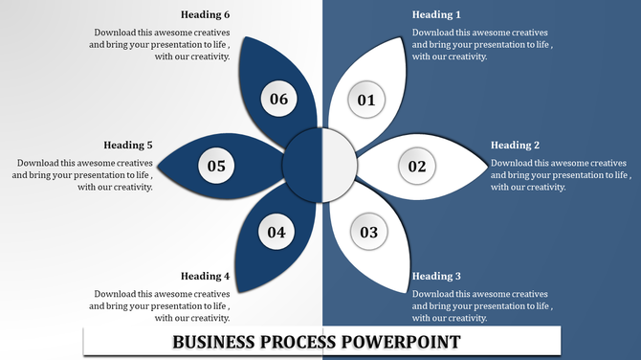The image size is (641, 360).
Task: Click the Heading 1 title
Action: (436, 15)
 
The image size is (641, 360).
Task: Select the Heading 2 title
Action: (516, 146)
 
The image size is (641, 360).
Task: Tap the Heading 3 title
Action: (436, 277)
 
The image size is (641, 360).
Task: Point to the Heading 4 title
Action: (205, 277)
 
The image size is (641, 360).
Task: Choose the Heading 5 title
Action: (128, 146)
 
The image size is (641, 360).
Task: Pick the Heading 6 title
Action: (205, 15)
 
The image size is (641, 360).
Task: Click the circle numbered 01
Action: (365, 99)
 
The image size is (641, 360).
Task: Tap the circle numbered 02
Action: (417, 167)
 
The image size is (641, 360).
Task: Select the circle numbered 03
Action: (368, 232)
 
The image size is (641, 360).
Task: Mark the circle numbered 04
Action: (276, 232)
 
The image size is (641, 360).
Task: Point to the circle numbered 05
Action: (216, 167)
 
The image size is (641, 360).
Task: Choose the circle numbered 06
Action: (278, 99)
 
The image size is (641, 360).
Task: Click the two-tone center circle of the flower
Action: (320, 166)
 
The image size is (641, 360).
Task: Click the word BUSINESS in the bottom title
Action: (211, 342)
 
